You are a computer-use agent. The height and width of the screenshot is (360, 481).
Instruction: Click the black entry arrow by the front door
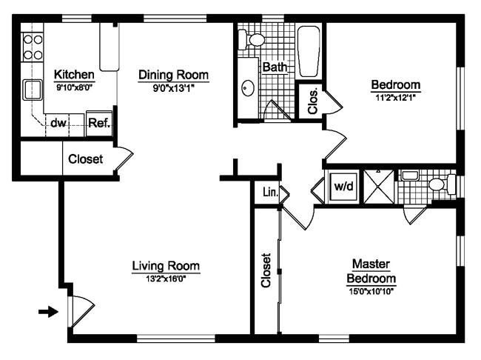pos(48,312)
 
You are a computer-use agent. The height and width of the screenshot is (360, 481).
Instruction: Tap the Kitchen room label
pos(75,75)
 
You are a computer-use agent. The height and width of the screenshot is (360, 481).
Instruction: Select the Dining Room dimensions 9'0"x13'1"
pos(175,87)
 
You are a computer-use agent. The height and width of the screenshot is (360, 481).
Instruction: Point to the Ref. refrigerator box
pos(98,123)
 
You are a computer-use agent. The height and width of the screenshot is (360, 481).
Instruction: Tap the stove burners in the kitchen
pos(33,47)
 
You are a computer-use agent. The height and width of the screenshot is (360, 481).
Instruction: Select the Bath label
pos(275,67)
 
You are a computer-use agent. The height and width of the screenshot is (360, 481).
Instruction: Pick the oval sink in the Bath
pos(247,89)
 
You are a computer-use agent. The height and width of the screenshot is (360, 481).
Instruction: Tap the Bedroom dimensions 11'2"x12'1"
pos(395,97)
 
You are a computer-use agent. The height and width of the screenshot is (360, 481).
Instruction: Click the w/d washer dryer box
pos(343,187)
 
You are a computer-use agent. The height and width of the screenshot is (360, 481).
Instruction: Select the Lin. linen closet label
pos(270,193)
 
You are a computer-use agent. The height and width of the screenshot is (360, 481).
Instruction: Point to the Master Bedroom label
pos(371,271)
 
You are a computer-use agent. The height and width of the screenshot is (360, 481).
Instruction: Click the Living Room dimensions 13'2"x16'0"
pos(166,279)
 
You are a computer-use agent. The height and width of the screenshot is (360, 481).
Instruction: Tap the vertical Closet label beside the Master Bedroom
pos(266,271)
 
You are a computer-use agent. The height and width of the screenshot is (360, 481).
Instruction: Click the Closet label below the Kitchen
pos(86,159)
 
